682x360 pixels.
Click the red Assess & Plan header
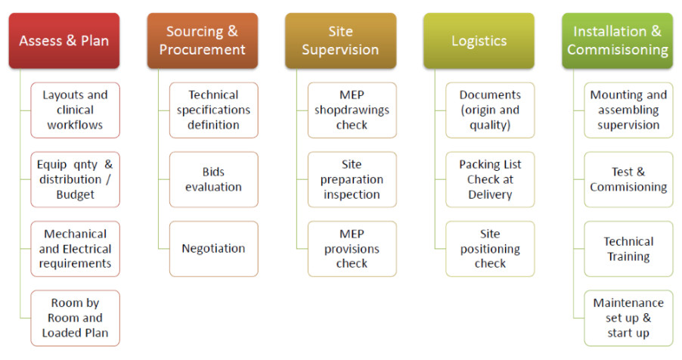tap(64, 41)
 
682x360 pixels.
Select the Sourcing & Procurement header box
tap(202, 41)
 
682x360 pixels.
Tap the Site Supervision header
tap(340, 41)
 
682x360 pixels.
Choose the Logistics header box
tap(479, 41)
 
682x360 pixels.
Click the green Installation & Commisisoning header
tap(617, 41)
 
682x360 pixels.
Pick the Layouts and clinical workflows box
tap(76, 110)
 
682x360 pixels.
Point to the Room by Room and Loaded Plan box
tap(76, 318)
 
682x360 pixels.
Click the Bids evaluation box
tap(213, 179)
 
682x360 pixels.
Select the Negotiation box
tap(213, 249)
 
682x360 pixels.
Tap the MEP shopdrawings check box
tap(352, 110)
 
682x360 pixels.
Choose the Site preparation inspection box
tap(352, 179)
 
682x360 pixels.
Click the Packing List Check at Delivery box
tap(490, 179)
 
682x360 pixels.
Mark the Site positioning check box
tap(490, 249)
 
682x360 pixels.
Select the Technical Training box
tap(628, 249)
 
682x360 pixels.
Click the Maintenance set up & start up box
tap(628, 318)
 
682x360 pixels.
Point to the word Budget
tap(76, 194)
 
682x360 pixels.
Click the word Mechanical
tap(76, 234)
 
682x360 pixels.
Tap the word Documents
tap(490, 95)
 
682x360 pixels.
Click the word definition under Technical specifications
tap(213, 125)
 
